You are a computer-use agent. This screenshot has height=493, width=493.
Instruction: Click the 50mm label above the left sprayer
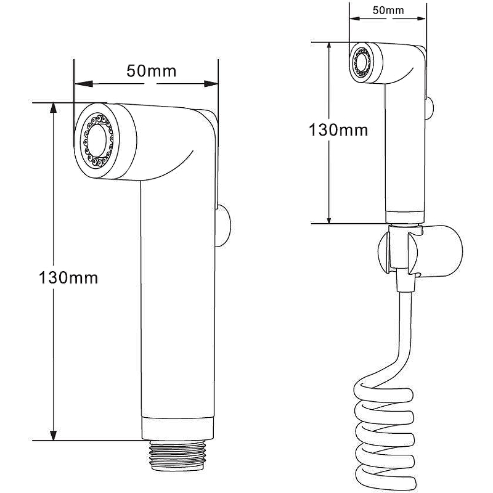coord(151,71)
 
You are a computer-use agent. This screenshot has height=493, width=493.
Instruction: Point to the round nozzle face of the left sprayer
coord(99,141)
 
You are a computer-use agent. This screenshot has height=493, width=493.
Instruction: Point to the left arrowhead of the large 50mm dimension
coord(78,83)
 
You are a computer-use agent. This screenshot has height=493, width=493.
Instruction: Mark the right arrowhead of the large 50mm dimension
coord(215,83)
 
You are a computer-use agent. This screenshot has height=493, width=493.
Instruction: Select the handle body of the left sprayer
coord(179,296)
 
